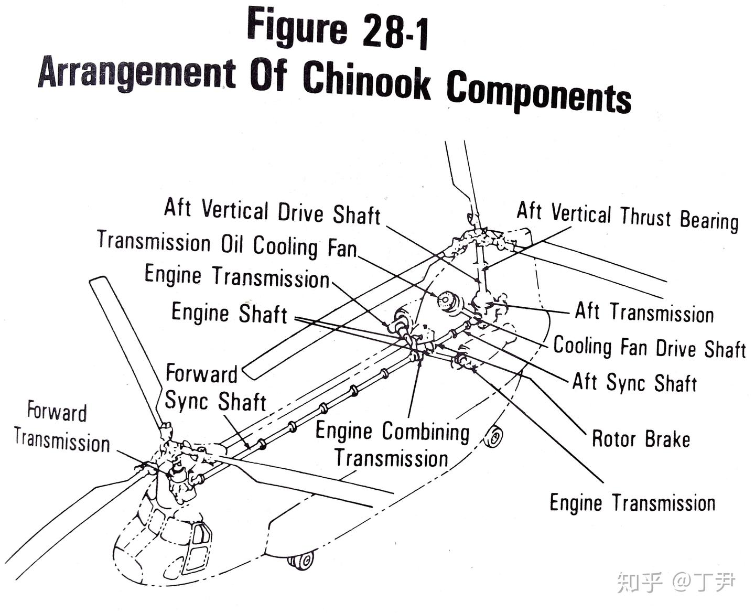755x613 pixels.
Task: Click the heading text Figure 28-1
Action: click(x=338, y=29)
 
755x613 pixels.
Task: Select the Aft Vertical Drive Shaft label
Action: click(x=272, y=211)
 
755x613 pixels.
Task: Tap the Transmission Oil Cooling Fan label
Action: click(x=226, y=245)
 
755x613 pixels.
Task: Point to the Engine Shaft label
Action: click(x=229, y=313)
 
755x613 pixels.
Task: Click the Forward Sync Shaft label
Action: click(x=215, y=388)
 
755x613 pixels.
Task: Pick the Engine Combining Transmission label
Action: click(x=392, y=445)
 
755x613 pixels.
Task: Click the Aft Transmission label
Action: click(x=644, y=313)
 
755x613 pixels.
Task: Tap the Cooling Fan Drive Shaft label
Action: click(x=649, y=348)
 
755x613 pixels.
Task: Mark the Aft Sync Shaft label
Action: click(x=634, y=382)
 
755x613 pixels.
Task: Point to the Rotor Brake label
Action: click(x=640, y=439)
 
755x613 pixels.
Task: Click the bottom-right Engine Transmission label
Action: click(x=632, y=503)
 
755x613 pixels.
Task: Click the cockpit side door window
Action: click(x=201, y=534)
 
